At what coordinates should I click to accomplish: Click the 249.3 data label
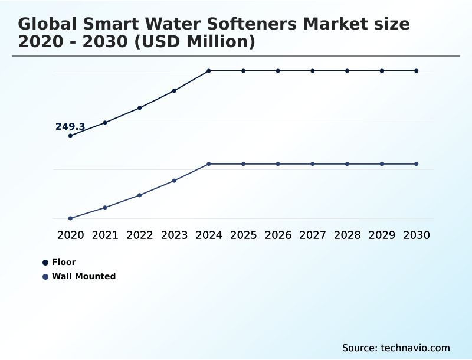(70, 126)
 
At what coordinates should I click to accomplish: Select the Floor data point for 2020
(70, 136)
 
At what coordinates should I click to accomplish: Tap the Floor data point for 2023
(174, 91)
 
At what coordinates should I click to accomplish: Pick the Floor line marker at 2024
(209, 71)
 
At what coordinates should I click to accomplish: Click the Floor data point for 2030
(417, 71)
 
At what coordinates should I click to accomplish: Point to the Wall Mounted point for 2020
(70, 218)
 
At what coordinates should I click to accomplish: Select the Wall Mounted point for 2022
(140, 195)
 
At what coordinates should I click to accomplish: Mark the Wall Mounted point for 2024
(209, 163)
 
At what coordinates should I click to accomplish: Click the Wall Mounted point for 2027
(313, 163)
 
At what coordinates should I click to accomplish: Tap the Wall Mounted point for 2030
(417, 163)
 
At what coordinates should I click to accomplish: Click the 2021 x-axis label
(105, 235)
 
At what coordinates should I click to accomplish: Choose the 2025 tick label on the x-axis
(243, 235)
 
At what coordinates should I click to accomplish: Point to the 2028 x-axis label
(347, 235)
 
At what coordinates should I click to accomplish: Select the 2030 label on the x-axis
(417, 235)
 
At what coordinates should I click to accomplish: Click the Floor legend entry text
(64, 262)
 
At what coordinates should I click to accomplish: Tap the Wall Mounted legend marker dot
(45, 276)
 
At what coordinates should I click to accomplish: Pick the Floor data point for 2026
(278, 71)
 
